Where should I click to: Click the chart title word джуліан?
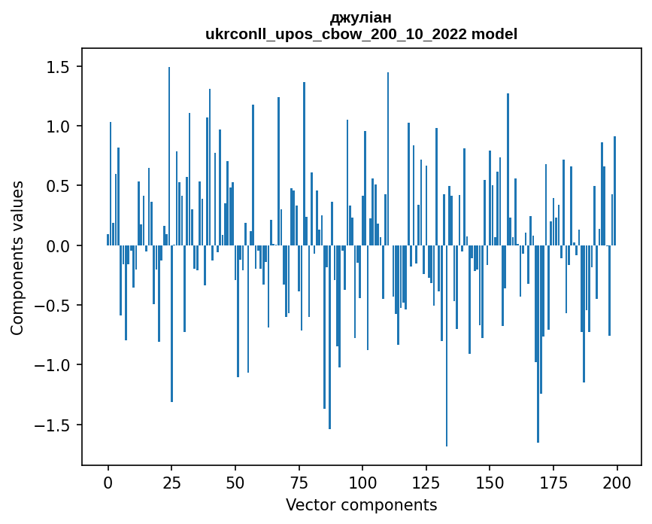[361, 17]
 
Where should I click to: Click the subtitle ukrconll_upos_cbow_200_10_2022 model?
[361, 34]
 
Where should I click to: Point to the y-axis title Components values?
[17, 257]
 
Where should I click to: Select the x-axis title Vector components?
[361, 504]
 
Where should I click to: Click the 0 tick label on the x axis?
[108, 483]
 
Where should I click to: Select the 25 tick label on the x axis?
[171, 483]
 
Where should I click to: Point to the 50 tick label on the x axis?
[235, 483]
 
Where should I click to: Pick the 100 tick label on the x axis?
[362, 483]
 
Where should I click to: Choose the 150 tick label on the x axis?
[490, 483]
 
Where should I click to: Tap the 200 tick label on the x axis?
[617, 483]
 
